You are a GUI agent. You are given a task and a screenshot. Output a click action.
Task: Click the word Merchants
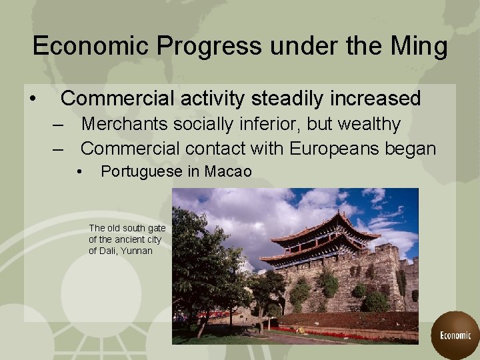point(125,124)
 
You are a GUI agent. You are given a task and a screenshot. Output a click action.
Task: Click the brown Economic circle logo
point(455,335)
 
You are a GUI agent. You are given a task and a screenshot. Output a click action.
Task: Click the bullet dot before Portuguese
point(79,172)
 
